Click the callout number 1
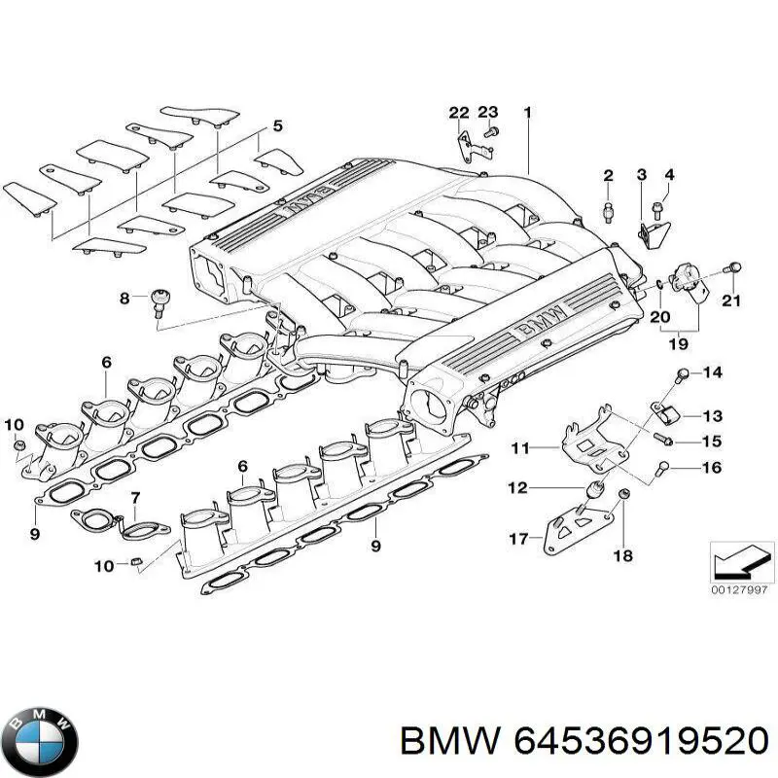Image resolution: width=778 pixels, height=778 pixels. pyautogui.click(x=527, y=113)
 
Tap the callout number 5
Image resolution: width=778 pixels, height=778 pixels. pyautogui.click(x=277, y=125)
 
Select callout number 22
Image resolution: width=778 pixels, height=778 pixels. pyautogui.click(x=459, y=113)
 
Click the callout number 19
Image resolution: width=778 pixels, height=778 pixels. pyautogui.click(x=679, y=342)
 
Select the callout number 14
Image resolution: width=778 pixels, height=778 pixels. pyautogui.click(x=713, y=372)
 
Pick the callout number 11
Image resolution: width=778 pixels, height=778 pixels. pyautogui.click(x=521, y=448)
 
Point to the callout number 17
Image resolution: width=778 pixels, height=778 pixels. pyautogui.click(x=518, y=537)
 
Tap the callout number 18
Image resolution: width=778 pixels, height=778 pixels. pyautogui.click(x=622, y=555)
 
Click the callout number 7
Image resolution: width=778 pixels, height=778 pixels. pyautogui.click(x=135, y=499)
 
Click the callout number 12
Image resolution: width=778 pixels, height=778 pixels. pyautogui.click(x=518, y=488)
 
